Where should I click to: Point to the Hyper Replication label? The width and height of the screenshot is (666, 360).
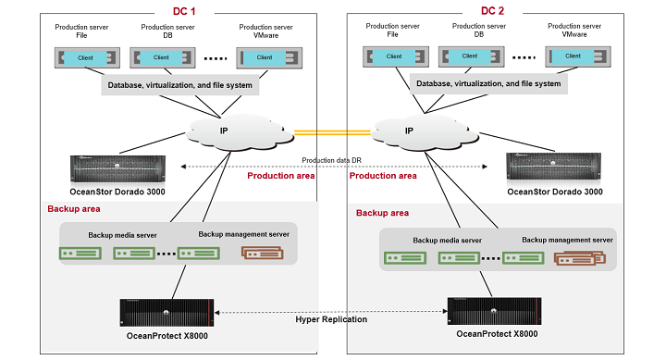tap(331, 319)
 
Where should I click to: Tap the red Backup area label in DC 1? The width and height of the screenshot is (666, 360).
tap(74, 209)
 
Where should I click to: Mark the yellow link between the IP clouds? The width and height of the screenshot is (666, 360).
tap(331, 131)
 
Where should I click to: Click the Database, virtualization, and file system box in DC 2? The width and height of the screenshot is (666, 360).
tap(487, 83)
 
